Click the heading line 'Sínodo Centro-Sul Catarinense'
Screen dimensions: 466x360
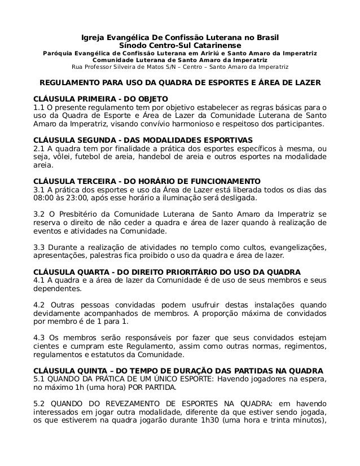(180, 45)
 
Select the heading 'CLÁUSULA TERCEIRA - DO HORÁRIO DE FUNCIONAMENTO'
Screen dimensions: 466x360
(147, 181)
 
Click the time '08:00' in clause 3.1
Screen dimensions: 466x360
(45, 199)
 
